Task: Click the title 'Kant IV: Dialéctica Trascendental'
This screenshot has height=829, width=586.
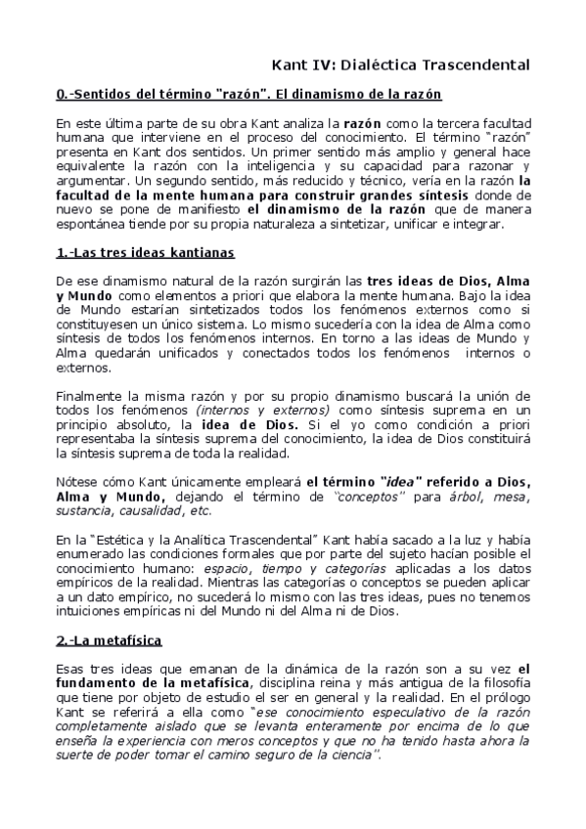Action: coord(401,65)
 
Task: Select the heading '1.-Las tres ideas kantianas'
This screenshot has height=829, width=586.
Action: coord(146,252)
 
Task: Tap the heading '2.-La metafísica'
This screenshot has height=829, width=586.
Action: coord(111,640)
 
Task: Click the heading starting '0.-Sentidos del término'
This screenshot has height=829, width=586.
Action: coord(249,95)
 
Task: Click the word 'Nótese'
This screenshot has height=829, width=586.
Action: coord(76,483)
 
